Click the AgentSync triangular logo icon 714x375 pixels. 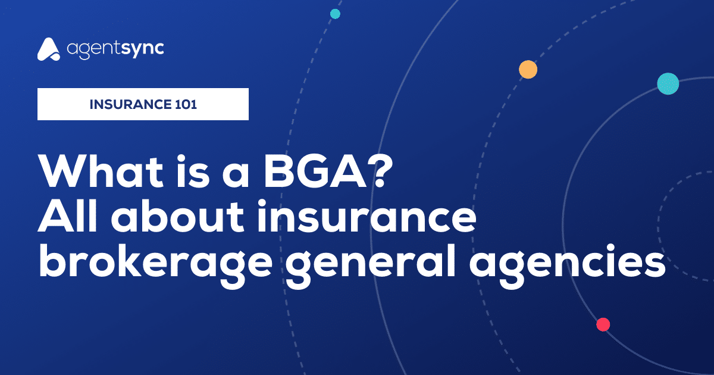[x=49, y=49]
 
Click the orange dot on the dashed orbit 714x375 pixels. [x=528, y=70]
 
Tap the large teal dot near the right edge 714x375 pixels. [x=668, y=83]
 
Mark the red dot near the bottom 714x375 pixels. [x=603, y=324]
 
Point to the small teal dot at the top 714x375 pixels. [x=335, y=14]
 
